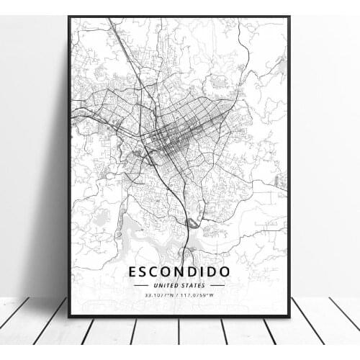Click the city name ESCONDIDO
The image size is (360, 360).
pyautogui.click(x=179, y=272)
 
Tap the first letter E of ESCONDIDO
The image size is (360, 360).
pyautogui.click(x=133, y=272)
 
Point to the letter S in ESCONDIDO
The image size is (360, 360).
pyautogui.click(x=145, y=272)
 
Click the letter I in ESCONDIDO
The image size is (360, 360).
pyautogui.click(x=210, y=272)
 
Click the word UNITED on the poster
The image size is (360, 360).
pyautogui.click(x=167, y=285)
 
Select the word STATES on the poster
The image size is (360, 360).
pyautogui.click(x=192, y=285)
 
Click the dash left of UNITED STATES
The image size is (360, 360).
pyautogui.click(x=141, y=285)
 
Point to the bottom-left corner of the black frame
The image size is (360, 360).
pyautogui.click(x=69, y=316)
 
